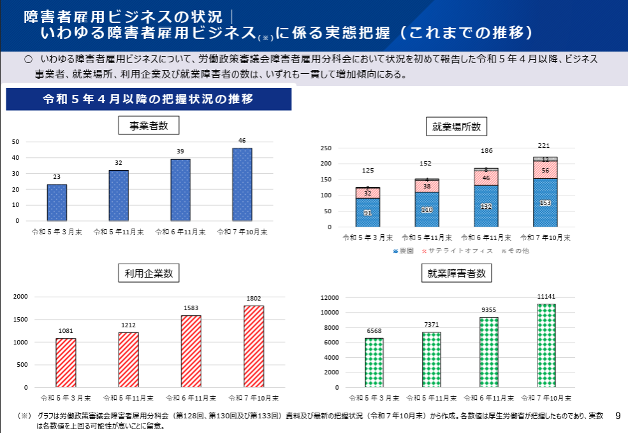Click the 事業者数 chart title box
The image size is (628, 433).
pyautogui.click(x=149, y=125)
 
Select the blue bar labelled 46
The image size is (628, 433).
pyautogui.click(x=242, y=184)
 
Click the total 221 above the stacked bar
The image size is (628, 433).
pyautogui.click(x=544, y=146)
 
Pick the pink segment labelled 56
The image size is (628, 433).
pyautogui.click(x=545, y=170)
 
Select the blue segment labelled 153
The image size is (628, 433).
pyautogui.click(x=545, y=202)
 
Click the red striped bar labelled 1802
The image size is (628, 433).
pyautogui.click(x=254, y=346)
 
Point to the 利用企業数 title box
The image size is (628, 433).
pyautogui.click(x=149, y=274)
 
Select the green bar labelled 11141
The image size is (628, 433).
pyautogui.click(x=546, y=345)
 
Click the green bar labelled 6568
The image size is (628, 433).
pyautogui.click(x=374, y=362)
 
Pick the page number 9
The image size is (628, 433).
pyautogui.click(x=618, y=416)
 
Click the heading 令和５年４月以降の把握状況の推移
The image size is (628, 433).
pyautogui.click(x=148, y=99)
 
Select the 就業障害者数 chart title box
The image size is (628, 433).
pyautogui.click(x=456, y=274)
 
